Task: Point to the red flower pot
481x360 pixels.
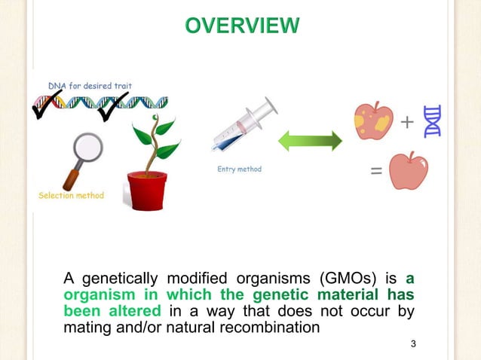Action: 146,191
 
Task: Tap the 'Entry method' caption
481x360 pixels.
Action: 239,169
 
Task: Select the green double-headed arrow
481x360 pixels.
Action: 311,141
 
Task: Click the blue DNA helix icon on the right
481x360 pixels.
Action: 433,121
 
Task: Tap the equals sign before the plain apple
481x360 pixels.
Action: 375,171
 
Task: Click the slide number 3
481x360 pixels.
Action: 413,344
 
